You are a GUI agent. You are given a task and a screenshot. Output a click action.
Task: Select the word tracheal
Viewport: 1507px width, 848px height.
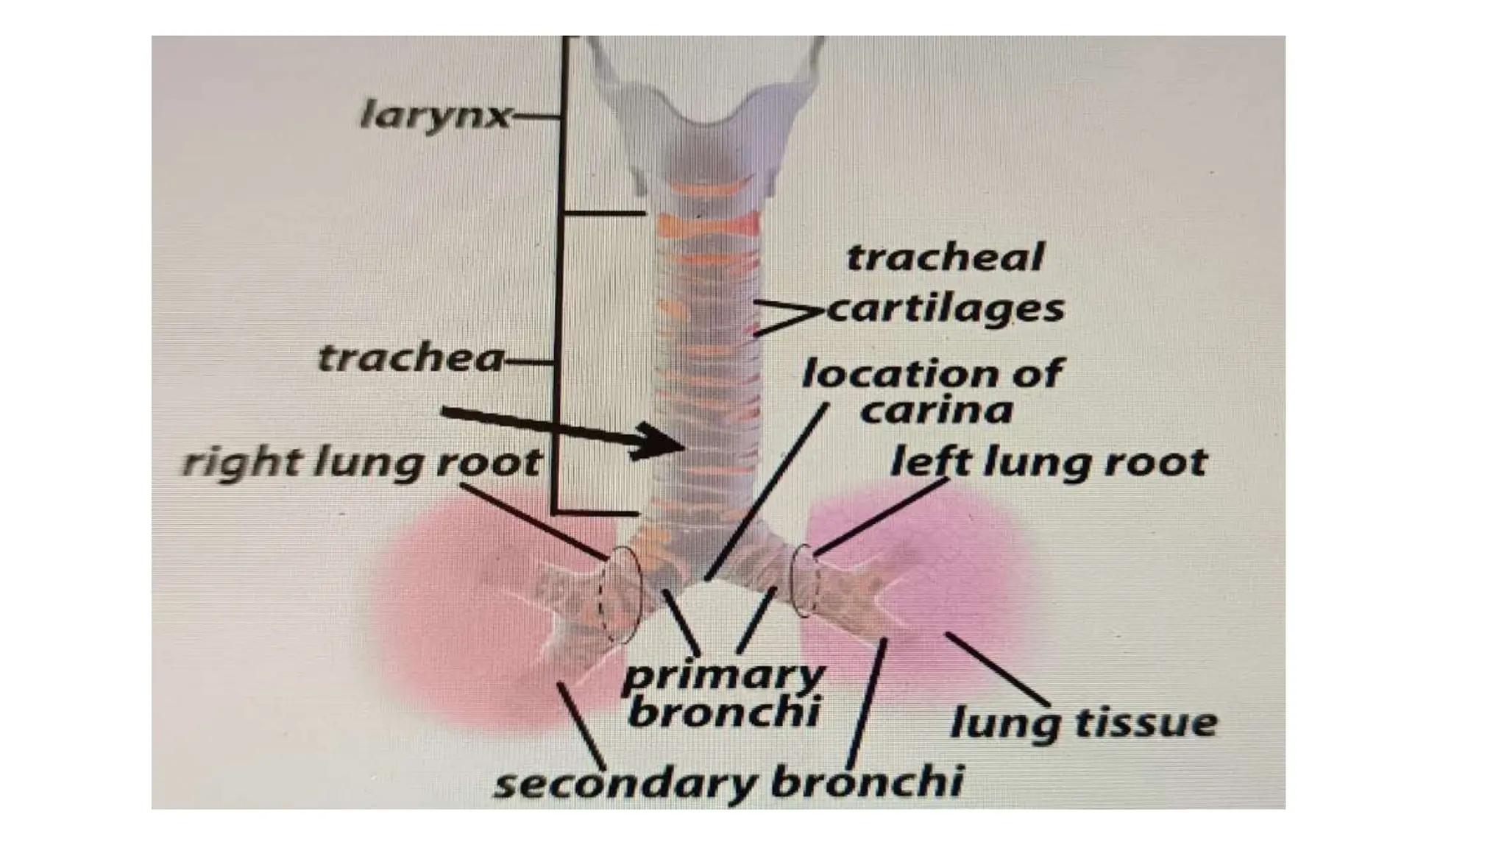click(x=945, y=258)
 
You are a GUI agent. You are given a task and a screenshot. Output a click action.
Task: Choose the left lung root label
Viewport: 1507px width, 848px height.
click(x=1049, y=463)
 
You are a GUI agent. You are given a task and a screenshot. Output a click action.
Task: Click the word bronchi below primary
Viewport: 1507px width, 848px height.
click(x=724, y=713)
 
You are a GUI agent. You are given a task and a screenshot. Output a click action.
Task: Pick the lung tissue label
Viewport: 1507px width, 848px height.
click(x=1084, y=722)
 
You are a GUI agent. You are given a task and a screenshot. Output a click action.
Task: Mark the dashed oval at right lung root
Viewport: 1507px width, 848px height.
click(x=623, y=595)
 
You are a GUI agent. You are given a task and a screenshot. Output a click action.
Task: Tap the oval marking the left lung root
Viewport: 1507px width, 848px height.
click(x=806, y=581)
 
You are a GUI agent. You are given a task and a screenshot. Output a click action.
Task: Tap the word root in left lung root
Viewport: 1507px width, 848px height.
click(x=1163, y=463)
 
